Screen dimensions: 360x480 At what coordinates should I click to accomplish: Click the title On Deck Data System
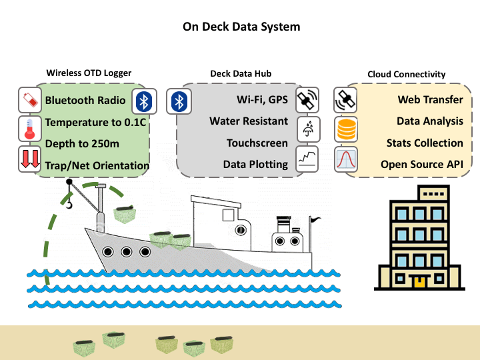click(x=241, y=27)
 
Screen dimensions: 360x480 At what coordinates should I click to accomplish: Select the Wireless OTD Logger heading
click(x=89, y=73)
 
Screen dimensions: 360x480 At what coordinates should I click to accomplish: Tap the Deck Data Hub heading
click(x=241, y=73)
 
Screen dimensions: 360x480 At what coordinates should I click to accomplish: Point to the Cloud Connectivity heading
click(x=407, y=74)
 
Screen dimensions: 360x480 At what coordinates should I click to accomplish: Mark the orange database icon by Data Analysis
click(x=347, y=129)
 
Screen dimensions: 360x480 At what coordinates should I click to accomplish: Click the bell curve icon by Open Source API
click(x=347, y=160)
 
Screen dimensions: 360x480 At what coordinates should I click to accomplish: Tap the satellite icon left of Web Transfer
click(x=347, y=101)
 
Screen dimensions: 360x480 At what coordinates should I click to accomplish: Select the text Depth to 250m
click(x=81, y=144)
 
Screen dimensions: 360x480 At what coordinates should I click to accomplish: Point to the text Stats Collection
click(x=425, y=143)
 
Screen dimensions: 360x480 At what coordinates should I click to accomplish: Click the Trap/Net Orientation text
click(x=97, y=165)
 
